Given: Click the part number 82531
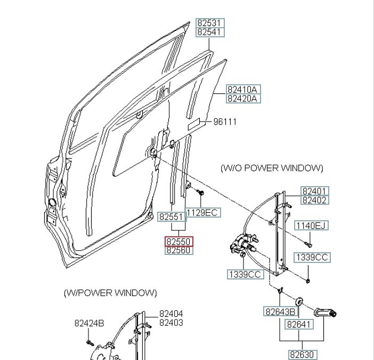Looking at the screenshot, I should [x=210, y=23].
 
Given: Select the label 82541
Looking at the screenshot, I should [x=210, y=33].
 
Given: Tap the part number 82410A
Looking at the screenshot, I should [x=242, y=89].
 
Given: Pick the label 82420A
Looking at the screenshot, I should [x=242, y=99].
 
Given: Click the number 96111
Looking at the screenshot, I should [x=225, y=122].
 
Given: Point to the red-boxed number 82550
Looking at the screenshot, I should [x=178, y=242].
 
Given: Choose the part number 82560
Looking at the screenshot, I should [x=178, y=250].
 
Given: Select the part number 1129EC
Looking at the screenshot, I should [x=202, y=213].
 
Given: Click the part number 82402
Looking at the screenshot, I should [x=315, y=201].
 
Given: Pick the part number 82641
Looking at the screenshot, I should [x=299, y=324].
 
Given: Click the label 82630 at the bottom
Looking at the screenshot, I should [x=303, y=355].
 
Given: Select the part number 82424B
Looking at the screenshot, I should [x=89, y=323].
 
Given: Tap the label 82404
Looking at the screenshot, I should [x=171, y=314].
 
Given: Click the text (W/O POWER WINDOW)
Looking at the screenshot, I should [x=272, y=168].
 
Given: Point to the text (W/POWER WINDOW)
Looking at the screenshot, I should [x=110, y=293].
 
